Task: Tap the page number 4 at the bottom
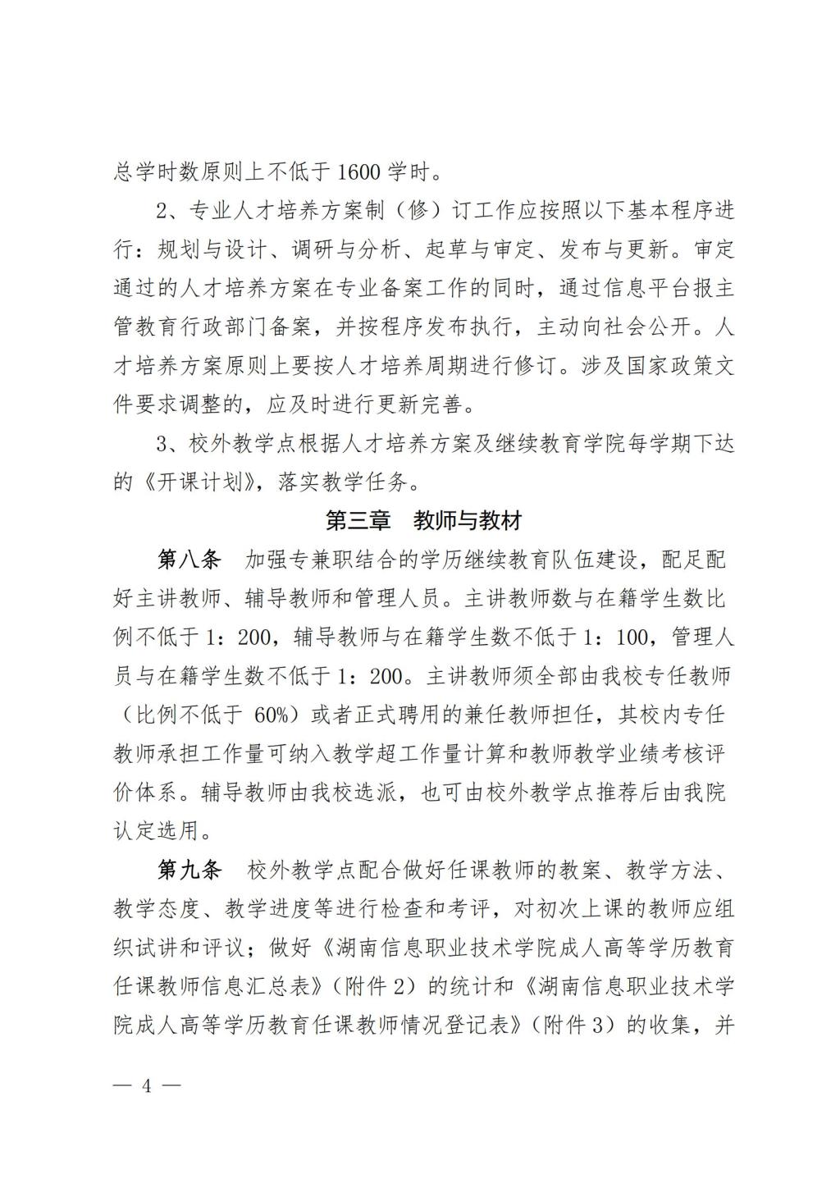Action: [148, 1085]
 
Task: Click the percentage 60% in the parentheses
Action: [272, 715]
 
